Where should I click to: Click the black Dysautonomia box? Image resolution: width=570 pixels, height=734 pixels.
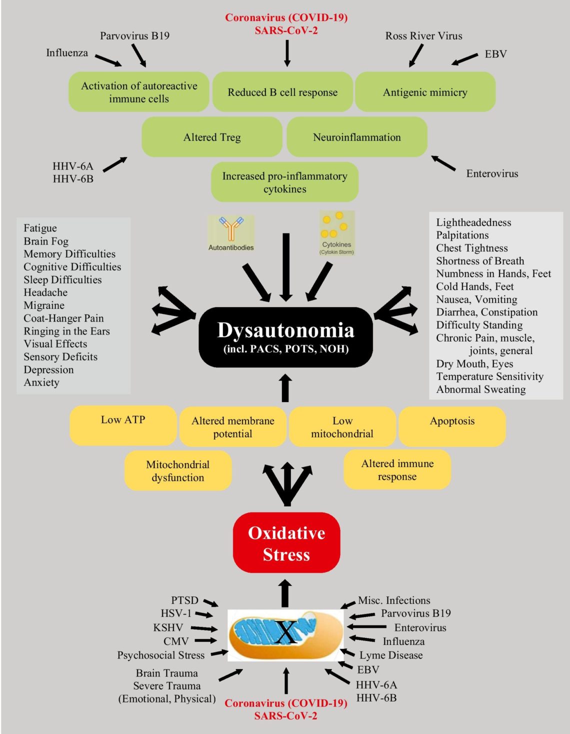tap(285, 337)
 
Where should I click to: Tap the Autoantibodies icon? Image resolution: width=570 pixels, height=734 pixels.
tap(231, 233)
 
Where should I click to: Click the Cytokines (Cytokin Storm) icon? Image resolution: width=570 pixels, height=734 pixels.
tap(336, 233)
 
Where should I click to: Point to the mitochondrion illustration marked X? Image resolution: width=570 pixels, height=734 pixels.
tap(285, 634)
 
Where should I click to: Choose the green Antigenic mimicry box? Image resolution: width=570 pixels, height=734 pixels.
tap(425, 92)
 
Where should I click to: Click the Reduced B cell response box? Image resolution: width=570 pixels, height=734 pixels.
tap(282, 92)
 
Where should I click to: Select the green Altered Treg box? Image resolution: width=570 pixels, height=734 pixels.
tap(212, 137)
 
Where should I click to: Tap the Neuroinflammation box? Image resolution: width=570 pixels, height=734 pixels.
tap(356, 137)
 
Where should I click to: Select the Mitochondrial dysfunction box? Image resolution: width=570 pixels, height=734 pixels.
tap(177, 470)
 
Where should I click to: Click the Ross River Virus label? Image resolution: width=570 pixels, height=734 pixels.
tap(423, 36)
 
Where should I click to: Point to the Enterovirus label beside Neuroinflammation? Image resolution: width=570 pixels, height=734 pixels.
tap(492, 173)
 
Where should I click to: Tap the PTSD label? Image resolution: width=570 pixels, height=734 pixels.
tap(184, 600)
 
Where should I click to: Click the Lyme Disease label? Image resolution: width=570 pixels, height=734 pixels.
tap(391, 655)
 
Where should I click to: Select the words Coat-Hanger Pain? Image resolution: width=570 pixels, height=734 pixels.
tap(63, 318)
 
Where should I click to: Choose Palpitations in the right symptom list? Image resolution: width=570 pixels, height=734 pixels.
tap(462, 235)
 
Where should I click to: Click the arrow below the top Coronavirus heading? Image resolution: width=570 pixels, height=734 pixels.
tap(287, 53)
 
